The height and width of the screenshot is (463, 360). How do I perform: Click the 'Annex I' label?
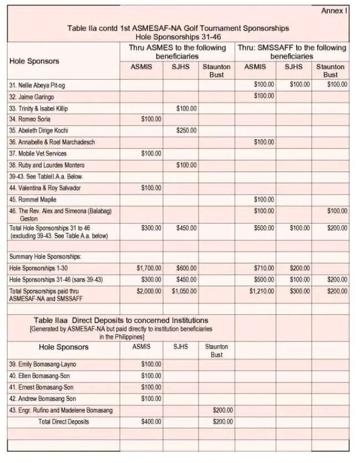tap(334, 11)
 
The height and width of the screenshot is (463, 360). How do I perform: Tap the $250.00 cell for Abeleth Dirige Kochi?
tap(186, 130)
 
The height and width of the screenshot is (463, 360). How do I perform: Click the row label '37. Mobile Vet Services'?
tap(38, 153)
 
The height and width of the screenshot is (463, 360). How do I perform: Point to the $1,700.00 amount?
tap(149, 268)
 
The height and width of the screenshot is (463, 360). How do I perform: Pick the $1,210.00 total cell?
tap(262, 291)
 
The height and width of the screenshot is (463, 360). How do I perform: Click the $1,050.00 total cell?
tap(184, 291)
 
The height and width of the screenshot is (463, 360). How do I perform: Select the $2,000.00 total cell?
tap(149, 291)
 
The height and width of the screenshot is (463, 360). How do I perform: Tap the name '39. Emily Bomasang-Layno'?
tap(42, 364)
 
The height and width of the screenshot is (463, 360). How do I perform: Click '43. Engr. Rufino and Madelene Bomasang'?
tap(60, 410)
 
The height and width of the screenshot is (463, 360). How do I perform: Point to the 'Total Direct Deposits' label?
tap(63, 422)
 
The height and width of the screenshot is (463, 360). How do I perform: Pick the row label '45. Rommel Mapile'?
tap(33, 199)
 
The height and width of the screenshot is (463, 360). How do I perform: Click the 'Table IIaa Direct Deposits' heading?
tap(121, 320)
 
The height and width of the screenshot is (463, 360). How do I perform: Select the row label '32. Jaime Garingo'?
tap(32, 97)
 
